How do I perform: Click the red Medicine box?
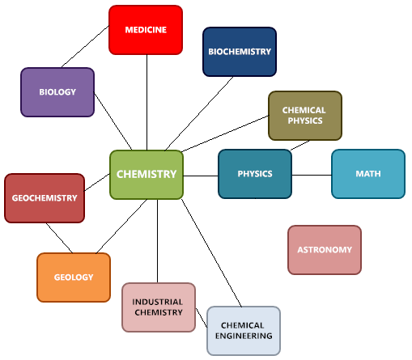[146, 30]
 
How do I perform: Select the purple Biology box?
[57, 92]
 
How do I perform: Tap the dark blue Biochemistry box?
[240, 52]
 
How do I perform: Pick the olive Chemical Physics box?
[305, 116]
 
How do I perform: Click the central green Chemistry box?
[147, 175]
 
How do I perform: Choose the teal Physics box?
[255, 174]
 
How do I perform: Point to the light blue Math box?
[368, 174]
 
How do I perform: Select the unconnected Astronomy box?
[325, 250]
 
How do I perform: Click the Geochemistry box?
[45, 198]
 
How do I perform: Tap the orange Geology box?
[74, 277]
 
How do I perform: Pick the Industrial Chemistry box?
[159, 307]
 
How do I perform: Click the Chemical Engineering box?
[244, 331]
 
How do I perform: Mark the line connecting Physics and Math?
[312, 175]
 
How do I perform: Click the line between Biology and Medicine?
[85, 47]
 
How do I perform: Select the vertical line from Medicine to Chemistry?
[147, 103]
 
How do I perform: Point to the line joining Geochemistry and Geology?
[59, 238]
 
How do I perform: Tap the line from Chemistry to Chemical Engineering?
[211, 253]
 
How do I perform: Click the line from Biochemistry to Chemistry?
[199, 113]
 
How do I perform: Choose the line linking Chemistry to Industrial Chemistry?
[157, 241]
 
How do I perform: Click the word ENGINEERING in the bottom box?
[244, 336]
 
